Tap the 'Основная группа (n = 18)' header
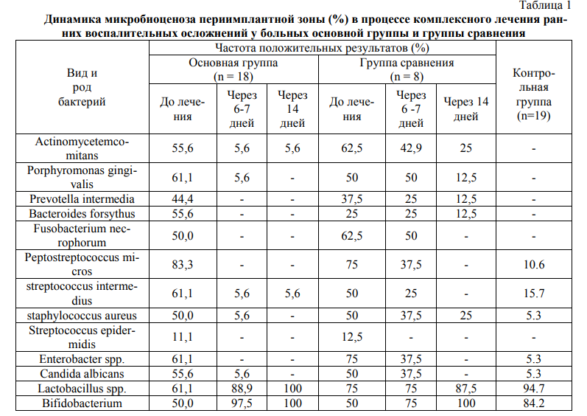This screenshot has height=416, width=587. pyautogui.click(x=233, y=69)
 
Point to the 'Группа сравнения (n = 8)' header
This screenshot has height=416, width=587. pyautogui.click(x=407, y=69)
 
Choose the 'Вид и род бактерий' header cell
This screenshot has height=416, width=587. pyautogui.click(x=82, y=87)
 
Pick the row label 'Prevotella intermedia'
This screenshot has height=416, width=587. pyautogui.click(x=82, y=199)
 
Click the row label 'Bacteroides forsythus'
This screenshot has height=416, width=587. pyautogui.click(x=82, y=214)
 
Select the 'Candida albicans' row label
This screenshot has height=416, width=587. pyautogui.click(x=82, y=373)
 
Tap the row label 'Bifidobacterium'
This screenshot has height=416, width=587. pyautogui.click(x=82, y=403)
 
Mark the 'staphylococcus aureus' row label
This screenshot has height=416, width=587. pyautogui.click(x=82, y=316)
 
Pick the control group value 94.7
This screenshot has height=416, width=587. pyautogui.click(x=532, y=389)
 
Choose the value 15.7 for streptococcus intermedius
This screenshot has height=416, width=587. pyautogui.click(x=532, y=294)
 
